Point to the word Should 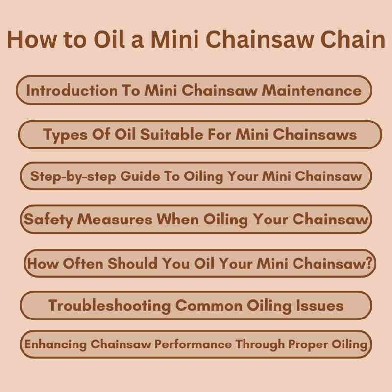coord(131,263)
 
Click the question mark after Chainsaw coord(371,263)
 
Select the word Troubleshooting coord(110,306)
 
